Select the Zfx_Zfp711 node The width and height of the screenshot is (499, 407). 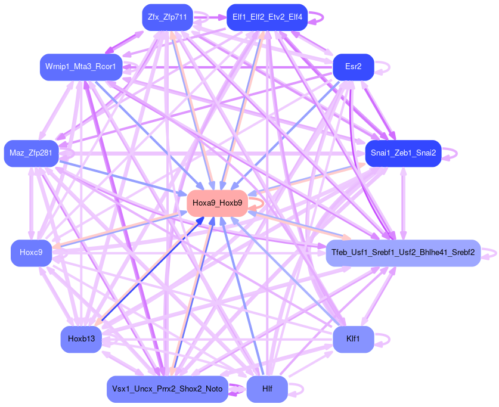(166, 17)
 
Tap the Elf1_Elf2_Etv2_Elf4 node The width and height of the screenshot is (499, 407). (267, 17)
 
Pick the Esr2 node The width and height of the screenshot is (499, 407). (353, 66)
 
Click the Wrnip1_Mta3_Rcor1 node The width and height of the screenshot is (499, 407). (81, 66)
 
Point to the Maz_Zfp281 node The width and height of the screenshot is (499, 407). (31, 154)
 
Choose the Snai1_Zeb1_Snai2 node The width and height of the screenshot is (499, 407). (403, 153)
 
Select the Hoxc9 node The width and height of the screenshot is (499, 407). (31, 253)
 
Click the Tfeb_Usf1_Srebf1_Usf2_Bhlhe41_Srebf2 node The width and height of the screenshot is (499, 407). (403, 253)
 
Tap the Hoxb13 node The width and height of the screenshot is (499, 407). (81, 340)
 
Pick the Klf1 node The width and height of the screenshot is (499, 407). (353, 340)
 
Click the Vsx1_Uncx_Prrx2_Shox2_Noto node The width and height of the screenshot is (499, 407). (167, 389)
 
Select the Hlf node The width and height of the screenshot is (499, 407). (267, 389)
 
